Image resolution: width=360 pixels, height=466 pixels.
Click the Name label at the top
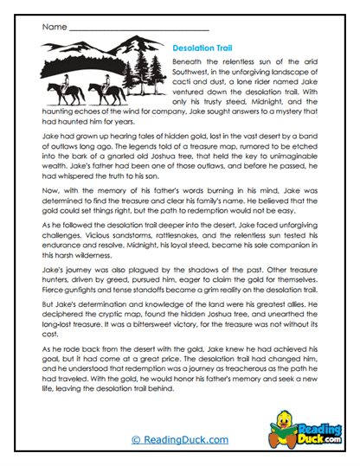coord(53,27)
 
